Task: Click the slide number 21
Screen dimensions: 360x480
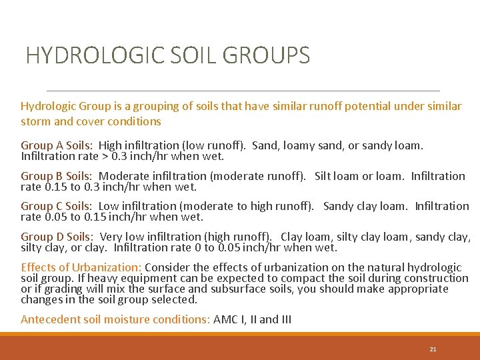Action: pyautogui.click(x=433, y=349)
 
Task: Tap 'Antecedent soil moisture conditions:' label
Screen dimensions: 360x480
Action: pyautogui.click(x=115, y=319)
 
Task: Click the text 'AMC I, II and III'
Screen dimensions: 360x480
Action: pyautogui.click(x=253, y=319)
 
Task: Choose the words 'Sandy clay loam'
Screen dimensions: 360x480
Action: pyautogui.click(x=365, y=206)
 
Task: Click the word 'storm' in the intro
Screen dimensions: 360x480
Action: pyautogui.click(x=35, y=121)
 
